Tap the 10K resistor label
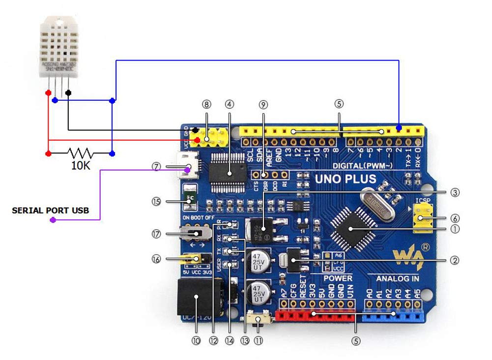coord(81,166)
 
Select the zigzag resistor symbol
coord(80,153)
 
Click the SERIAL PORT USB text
coord(51,210)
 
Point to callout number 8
coord(206,104)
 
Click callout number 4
coord(229,104)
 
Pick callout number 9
coord(263,104)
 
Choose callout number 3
coord(456,193)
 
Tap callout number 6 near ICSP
coord(456,217)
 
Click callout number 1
coord(456,229)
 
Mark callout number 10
coord(197,339)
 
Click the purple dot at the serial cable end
coord(53,220)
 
